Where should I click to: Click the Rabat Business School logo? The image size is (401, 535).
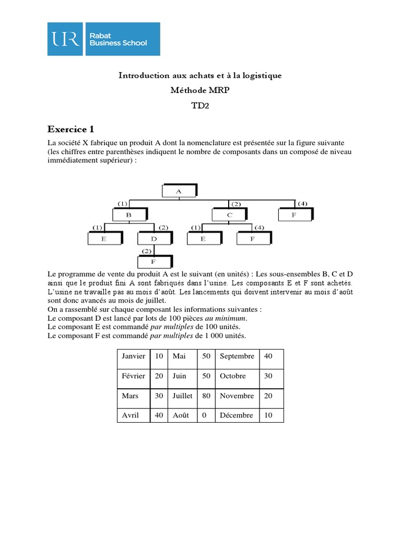103,39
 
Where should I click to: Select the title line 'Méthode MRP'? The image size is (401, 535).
200,90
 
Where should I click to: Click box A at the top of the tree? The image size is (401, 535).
179,191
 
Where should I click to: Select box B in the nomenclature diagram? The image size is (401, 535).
129,215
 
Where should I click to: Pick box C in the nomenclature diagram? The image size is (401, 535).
229,215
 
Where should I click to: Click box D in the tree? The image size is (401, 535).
154,239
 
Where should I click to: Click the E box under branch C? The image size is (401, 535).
204,239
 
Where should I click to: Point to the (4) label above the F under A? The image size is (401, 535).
302,203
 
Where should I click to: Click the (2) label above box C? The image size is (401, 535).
235,203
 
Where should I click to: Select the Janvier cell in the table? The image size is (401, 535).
134,356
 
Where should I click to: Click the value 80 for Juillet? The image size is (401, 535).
206,396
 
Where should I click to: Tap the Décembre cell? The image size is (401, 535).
237,415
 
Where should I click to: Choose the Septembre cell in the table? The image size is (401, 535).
237,356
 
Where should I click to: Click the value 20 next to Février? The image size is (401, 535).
159,376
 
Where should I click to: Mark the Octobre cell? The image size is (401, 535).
232,376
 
